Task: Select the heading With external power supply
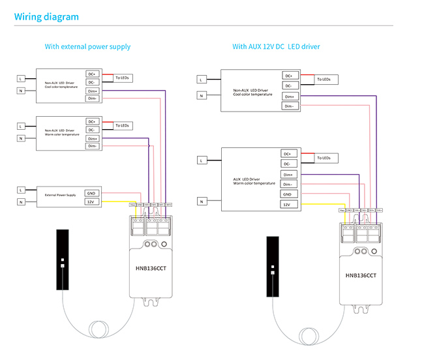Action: [87, 47]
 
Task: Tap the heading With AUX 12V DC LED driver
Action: [276, 47]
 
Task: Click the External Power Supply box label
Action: [60, 195]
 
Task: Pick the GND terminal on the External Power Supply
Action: [92, 193]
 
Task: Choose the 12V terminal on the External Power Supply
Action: [92, 202]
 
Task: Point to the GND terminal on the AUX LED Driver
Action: [287, 194]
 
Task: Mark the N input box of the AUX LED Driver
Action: [202, 202]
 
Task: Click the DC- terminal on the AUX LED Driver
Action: [287, 164]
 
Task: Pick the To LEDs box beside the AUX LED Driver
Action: [324, 158]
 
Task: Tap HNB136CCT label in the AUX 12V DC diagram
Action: [361, 275]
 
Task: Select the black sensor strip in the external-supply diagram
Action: [62, 259]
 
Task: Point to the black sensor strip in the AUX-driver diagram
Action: [273, 267]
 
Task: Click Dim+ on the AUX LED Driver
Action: [287, 174]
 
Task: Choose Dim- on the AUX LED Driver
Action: [287, 185]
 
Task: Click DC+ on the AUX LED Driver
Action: [287, 154]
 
